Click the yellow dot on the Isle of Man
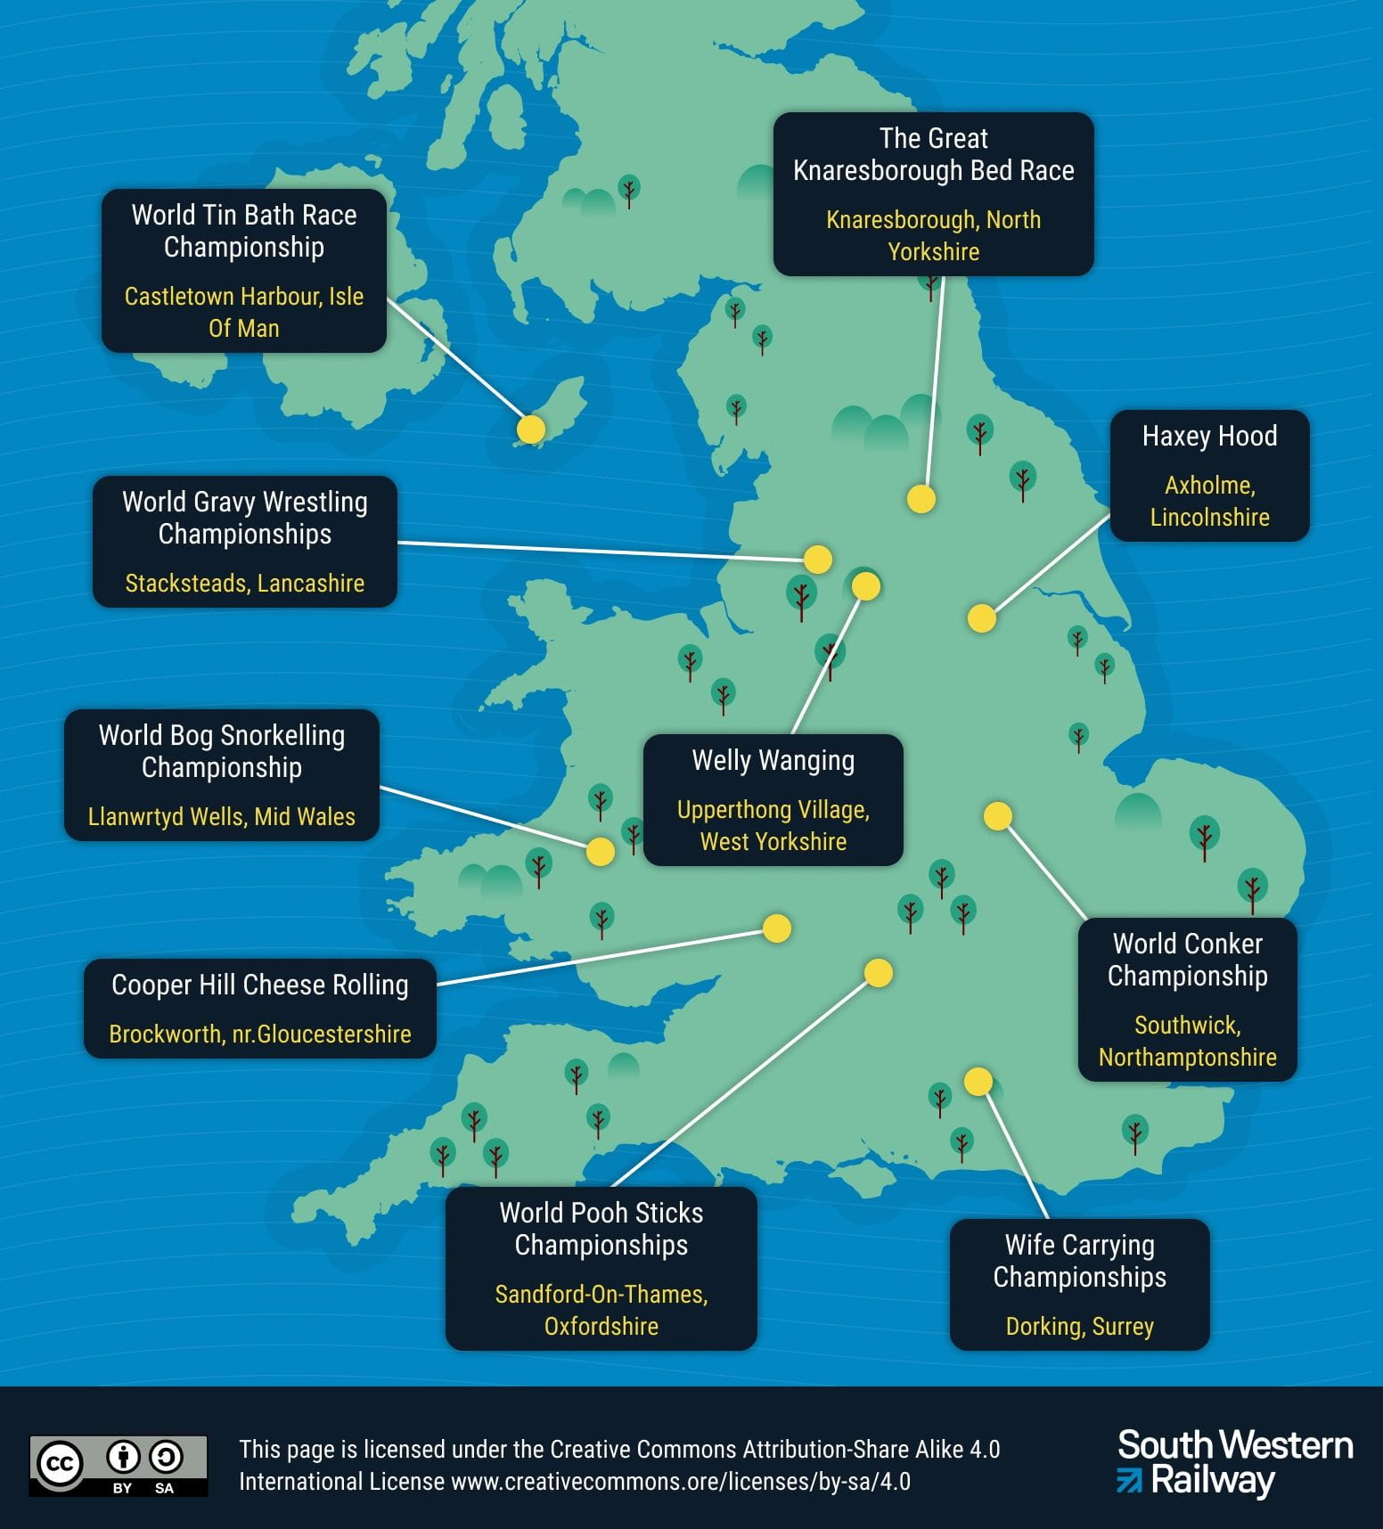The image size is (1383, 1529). click(531, 429)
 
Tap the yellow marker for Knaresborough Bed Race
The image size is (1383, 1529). click(921, 499)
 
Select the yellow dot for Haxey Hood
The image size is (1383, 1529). click(982, 618)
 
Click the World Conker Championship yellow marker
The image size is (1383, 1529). click(998, 815)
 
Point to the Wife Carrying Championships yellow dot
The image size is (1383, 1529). click(978, 1081)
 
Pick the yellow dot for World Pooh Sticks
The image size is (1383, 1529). click(879, 973)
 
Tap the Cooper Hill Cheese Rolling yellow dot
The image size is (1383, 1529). click(777, 928)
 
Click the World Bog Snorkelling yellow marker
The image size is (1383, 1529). click(601, 852)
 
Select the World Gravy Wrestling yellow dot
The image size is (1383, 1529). click(818, 560)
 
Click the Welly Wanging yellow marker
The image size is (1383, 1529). click(866, 586)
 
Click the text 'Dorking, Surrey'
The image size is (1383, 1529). click(1079, 1327)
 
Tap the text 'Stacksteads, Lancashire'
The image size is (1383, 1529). click(245, 584)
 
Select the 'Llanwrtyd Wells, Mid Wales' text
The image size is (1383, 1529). click(222, 817)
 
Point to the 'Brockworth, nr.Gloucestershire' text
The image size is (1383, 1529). click(260, 1034)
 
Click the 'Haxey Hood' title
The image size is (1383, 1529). click(1209, 437)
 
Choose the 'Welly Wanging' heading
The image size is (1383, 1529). click(773, 761)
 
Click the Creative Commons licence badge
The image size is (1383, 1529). click(119, 1465)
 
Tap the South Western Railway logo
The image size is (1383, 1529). click(1235, 1463)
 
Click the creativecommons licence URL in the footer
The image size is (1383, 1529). click(681, 1482)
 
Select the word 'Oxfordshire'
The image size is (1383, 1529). click(601, 1327)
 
